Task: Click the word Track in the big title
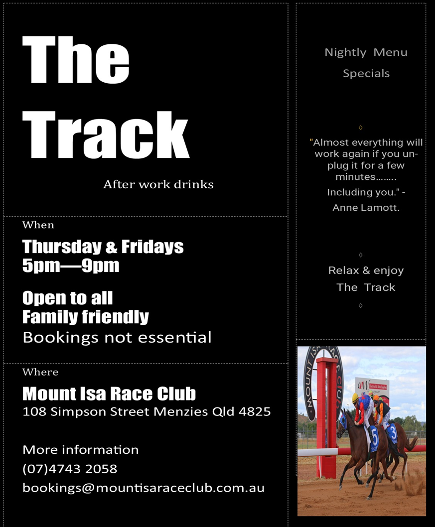pyautogui.click(x=106, y=134)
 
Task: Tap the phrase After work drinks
pyautogui.click(x=158, y=184)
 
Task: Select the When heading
pyautogui.click(x=38, y=225)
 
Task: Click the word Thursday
pyautogui.click(x=62, y=247)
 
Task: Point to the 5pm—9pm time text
pyautogui.click(x=71, y=265)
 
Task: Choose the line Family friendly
pyautogui.click(x=86, y=317)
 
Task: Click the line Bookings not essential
pyautogui.click(x=117, y=337)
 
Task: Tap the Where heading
pyautogui.click(x=40, y=372)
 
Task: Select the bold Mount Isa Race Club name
pyautogui.click(x=109, y=394)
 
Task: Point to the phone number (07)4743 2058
pyautogui.click(x=70, y=469)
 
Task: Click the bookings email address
pyautogui.click(x=144, y=488)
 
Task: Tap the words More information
pyautogui.click(x=81, y=450)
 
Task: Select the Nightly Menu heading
pyautogui.click(x=366, y=52)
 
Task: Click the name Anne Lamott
pyautogui.click(x=366, y=208)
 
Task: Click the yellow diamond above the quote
pyautogui.click(x=361, y=128)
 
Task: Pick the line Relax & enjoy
pyautogui.click(x=366, y=270)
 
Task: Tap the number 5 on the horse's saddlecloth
pyautogui.click(x=375, y=439)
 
